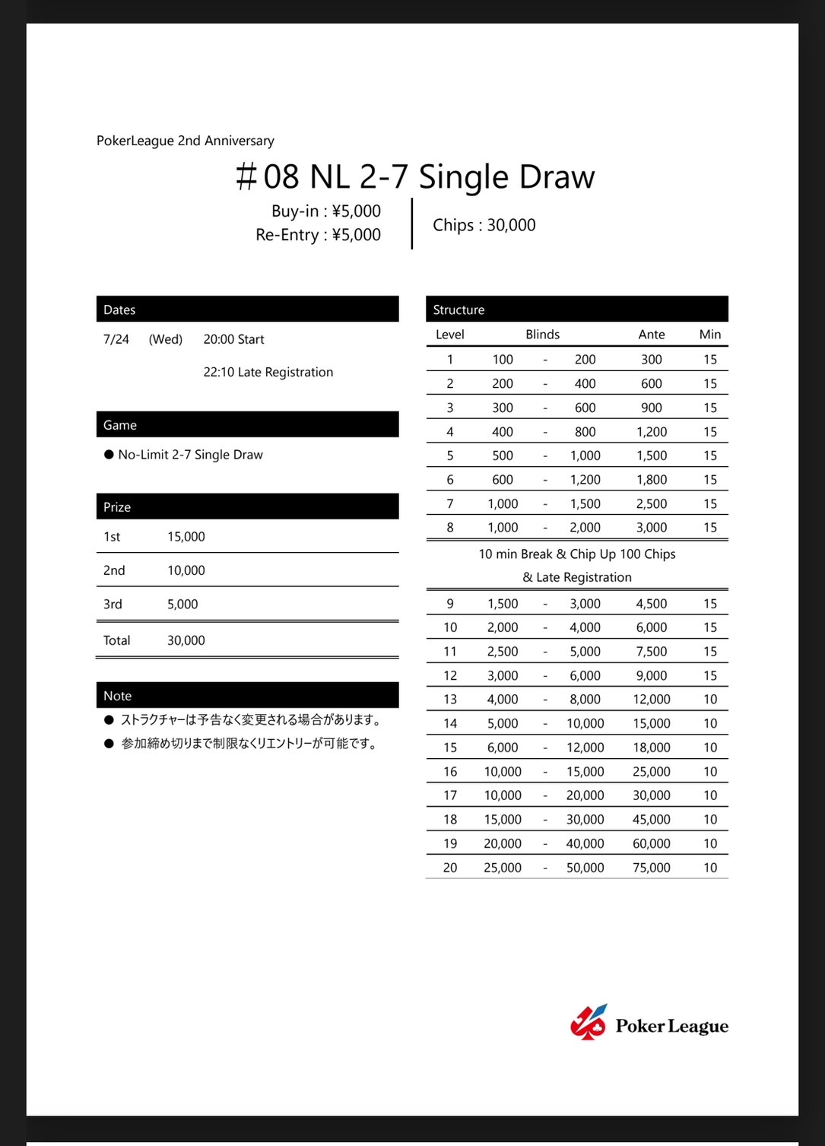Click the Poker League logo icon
click(589, 1023)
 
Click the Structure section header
click(459, 310)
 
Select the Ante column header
click(652, 335)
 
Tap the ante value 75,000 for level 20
click(652, 868)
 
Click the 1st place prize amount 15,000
click(186, 537)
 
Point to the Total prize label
click(117, 640)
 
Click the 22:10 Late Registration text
click(268, 372)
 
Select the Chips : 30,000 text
click(484, 225)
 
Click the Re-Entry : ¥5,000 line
click(318, 235)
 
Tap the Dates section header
click(119, 310)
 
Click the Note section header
click(118, 696)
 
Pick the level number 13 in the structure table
click(450, 700)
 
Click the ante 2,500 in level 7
click(652, 504)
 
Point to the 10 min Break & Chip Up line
click(577, 554)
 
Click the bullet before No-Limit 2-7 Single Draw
click(109, 455)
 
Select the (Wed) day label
click(166, 339)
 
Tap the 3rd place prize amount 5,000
click(182, 605)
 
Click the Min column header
click(710, 335)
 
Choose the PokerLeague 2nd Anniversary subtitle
click(186, 141)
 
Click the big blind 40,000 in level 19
click(585, 844)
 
